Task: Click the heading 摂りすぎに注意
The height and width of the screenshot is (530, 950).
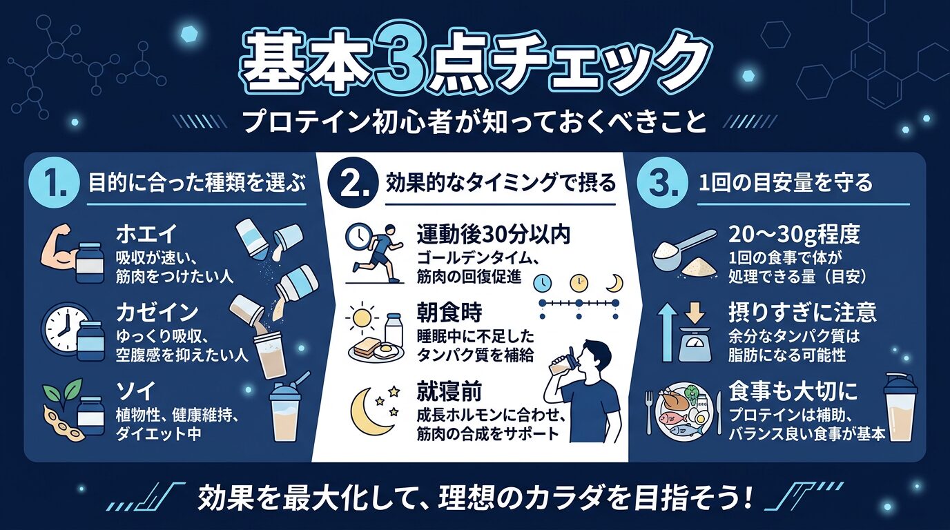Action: click(x=802, y=313)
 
